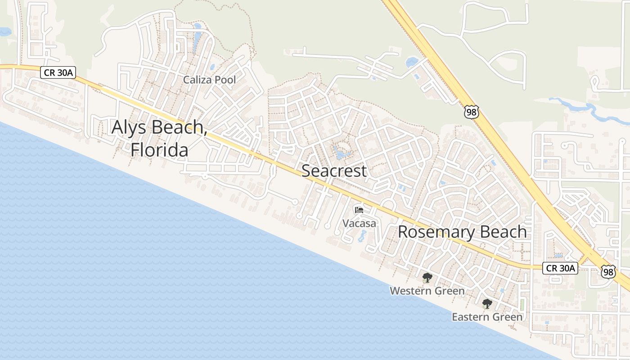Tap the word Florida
pos(160,150)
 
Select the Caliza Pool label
pos(209,80)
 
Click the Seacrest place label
pos(334,171)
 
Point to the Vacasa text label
pos(359,223)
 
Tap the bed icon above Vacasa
pos(359,210)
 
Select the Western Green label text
pos(427,291)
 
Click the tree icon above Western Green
pos(427,278)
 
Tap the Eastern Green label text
pos(487,317)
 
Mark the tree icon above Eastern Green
pos(487,304)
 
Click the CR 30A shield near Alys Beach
pos(57,72)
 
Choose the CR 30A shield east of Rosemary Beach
pos(560,268)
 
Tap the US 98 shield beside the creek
pos(472,112)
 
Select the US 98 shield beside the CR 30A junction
pos(608,271)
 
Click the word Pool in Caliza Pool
pos(226,80)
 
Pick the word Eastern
pos(469,317)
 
